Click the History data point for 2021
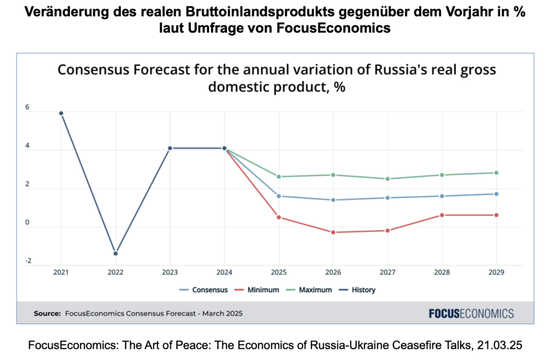pyautogui.click(x=61, y=113)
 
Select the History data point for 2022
pyautogui.click(x=115, y=253)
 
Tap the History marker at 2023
pyautogui.click(x=170, y=148)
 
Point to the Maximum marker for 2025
pyautogui.click(x=279, y=177)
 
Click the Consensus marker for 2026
pyautogui.click(x=333, y=200)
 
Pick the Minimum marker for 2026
pyautogui.click(x=333, y=232)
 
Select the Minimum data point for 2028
pyautogui.click(x=442, y=215)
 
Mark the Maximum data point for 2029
pyautogui.click(x=496, y=173)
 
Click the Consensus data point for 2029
pyautogui.click(x=496, y=194)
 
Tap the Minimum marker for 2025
pyautogui.click(x=279, y=217)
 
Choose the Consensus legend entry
pyautogui.click(x=204, y=290)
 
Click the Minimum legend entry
pyautogui.click(x=257, y=290)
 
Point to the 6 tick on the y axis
pyautogui.click(x=28, y=107)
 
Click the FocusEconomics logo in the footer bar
pyautogui.click(x=471, y=313)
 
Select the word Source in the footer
pyautogui.click(x=47, y=313)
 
